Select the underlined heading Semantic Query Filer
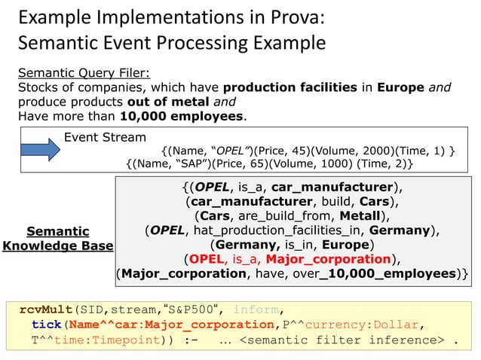[x=84, y=72]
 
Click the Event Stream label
[x=105, y=137]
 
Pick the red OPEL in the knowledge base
[x=209, y=259]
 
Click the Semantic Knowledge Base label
[x=58, y=238]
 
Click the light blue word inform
[x=256, y=309]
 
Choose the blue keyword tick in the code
[x=46, y=325]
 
